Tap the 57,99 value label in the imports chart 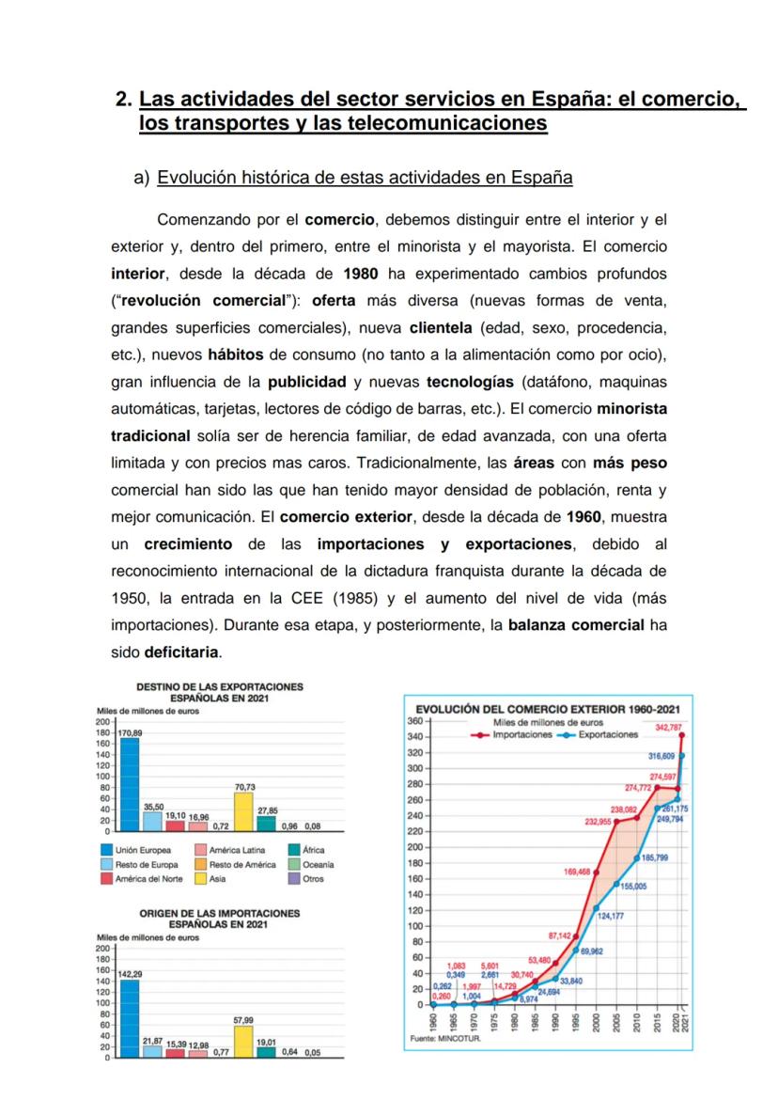242,1019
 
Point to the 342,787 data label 668,728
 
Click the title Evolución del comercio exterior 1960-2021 547,710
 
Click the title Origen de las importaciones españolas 220,919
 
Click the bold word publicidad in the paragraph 307,383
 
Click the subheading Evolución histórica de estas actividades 366,178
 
